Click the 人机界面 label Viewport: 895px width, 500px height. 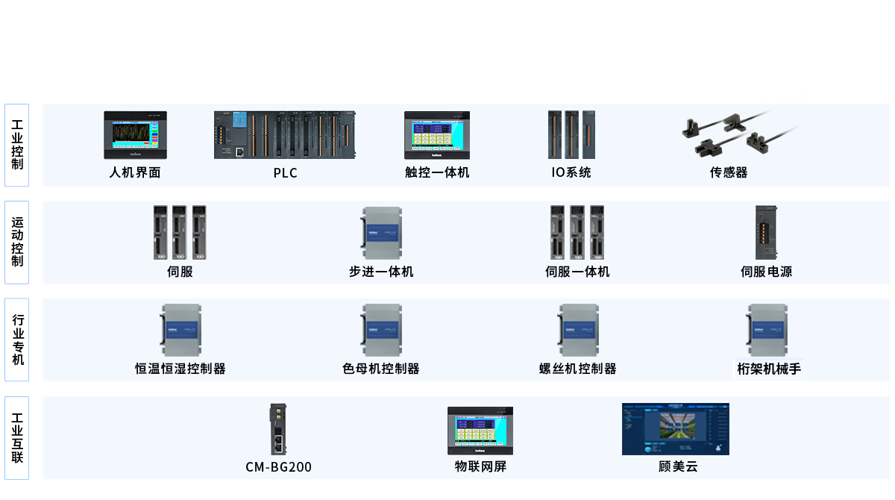135,173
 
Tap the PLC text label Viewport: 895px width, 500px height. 285,173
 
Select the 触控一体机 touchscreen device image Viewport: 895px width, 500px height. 437,135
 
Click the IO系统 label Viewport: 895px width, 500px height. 571,173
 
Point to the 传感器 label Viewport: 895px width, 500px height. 729,173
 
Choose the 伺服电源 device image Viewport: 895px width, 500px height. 766,232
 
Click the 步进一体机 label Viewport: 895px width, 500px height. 381,272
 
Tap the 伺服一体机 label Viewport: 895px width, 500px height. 577,272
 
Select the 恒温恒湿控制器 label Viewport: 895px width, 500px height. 180,369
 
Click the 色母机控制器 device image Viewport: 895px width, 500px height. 382,329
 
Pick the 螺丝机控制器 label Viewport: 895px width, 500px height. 578,369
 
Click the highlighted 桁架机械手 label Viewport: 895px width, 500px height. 768,369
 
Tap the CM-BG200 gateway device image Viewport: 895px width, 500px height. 278,429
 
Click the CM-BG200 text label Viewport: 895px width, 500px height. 278,467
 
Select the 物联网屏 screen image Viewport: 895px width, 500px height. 480,431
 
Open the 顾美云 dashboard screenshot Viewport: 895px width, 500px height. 675,429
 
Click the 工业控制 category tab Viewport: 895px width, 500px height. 17,146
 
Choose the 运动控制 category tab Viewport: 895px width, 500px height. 17,243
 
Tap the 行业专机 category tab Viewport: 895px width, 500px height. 17,340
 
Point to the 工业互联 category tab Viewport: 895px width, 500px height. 17,437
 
